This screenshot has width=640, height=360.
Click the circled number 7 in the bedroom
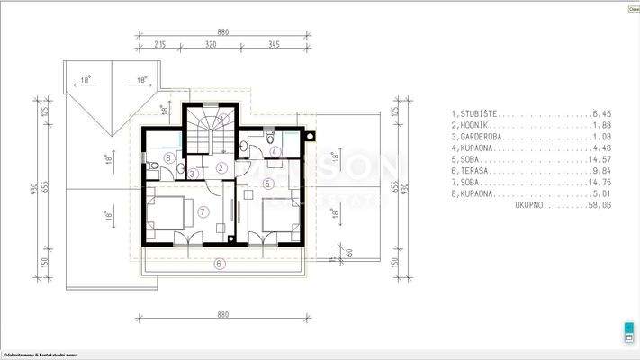click(x=203, y=211)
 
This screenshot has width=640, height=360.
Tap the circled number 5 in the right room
click(x=267, y=183)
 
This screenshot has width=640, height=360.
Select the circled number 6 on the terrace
click(x=218, y=264)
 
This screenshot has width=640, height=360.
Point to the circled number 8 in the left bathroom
click(x=170, y=157)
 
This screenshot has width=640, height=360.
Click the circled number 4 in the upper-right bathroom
click(x=275, y=151)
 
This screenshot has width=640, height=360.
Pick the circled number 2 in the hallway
click(x=221, y=167)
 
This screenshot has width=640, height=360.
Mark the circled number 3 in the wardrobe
click(x=193, y=172)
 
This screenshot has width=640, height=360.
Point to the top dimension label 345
click(x=275, y=42)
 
